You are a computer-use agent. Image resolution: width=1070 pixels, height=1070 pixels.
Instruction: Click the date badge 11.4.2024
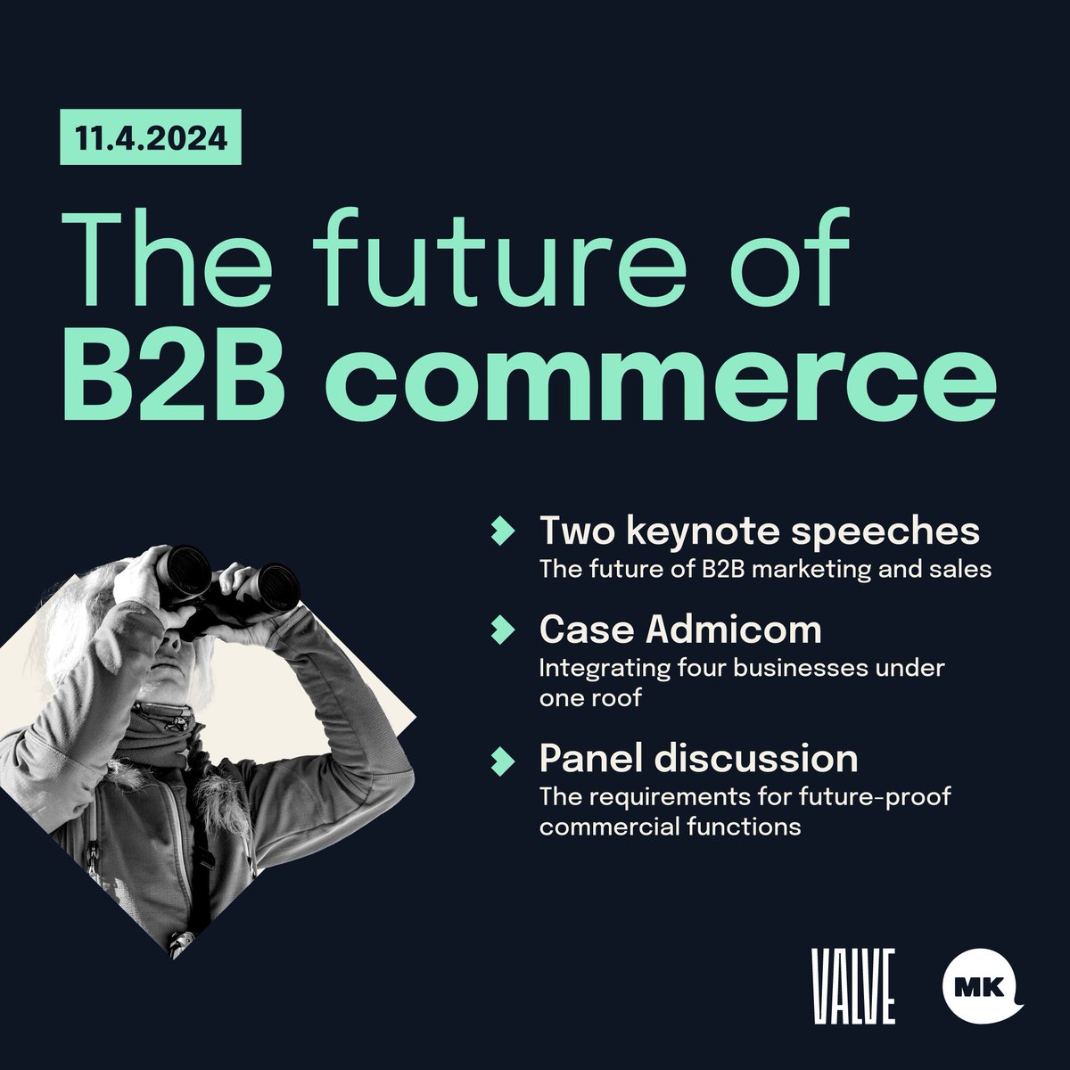coord(150,141)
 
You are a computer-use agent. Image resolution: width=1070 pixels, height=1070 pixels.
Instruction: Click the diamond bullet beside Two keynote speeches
coord(504,531)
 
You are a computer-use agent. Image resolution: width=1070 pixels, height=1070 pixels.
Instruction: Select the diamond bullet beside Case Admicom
coord(504,630)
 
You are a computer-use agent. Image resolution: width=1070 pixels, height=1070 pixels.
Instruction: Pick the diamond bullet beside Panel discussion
coord(504,759)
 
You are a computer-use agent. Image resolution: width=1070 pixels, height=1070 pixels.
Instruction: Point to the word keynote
coord(695,532)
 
